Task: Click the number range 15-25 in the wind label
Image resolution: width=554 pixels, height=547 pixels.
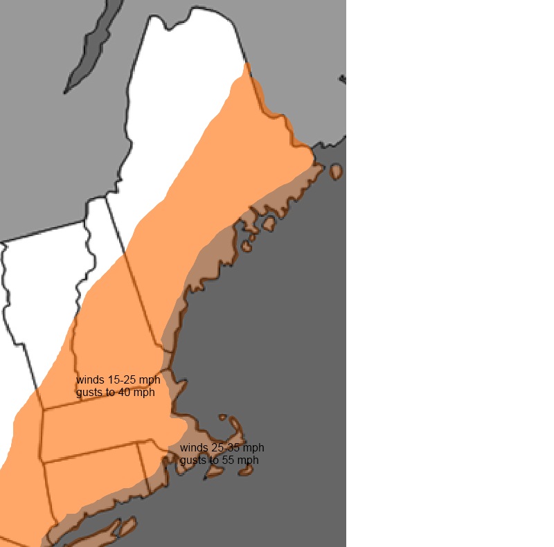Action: [x=123, y=380]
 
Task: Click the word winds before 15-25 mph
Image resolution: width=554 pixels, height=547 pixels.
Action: [x=91, y=380]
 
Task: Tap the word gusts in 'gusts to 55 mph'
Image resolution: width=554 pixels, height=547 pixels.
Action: [x=193, y=460]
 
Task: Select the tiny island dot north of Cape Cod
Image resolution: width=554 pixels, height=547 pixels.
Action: [x=222, y=418]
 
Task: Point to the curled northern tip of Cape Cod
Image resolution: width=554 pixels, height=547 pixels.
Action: [x=235, y=423]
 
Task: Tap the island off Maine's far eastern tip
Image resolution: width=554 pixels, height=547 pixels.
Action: [x=336, y=171]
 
